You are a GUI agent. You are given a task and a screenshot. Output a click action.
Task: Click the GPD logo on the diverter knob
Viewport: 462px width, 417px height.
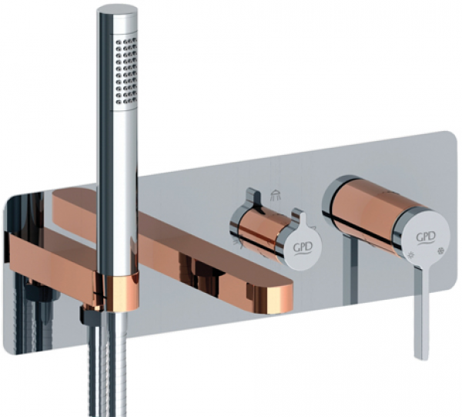[x=303, y=248]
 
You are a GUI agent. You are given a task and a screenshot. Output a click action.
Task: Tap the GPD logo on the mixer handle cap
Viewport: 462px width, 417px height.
[x=426, y=237]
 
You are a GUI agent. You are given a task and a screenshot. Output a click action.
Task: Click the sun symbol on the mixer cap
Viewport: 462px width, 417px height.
[x=410, y=255]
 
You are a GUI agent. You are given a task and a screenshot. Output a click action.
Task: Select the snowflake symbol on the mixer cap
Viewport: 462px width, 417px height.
[x=441, y=251]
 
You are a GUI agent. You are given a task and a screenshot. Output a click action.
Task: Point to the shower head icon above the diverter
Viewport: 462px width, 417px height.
[x=276, y=196]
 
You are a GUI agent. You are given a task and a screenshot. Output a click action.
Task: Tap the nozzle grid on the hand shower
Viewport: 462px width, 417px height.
[x=126, y=71]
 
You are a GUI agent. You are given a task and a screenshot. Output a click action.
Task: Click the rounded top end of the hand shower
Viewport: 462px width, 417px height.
[x=117, y=12]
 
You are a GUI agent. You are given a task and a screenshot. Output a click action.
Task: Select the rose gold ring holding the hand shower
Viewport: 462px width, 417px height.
[x=122, y=292]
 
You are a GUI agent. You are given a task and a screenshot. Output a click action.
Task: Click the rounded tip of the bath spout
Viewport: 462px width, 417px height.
[x=280, y=297]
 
